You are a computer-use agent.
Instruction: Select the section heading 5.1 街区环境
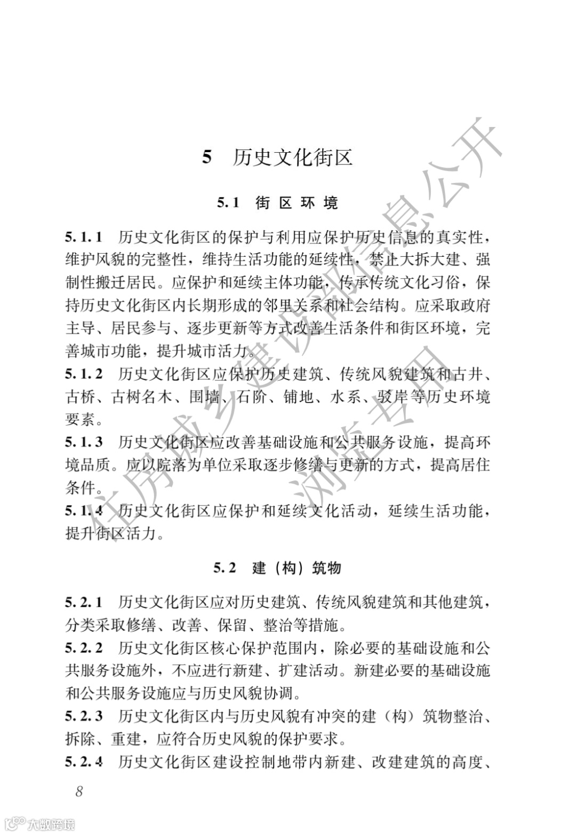click(277, 203)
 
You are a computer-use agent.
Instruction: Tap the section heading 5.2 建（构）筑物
click(277, 568)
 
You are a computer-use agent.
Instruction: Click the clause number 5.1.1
click(84, 237)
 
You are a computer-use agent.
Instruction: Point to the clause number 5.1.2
click(84, 374)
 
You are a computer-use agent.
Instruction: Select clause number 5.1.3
click(84, 442)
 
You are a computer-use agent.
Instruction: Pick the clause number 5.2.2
click(84, 648)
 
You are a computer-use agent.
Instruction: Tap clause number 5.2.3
click(84, 716)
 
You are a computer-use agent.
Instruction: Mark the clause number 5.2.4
click(84, 762)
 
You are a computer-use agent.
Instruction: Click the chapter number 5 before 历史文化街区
click(207, 158)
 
